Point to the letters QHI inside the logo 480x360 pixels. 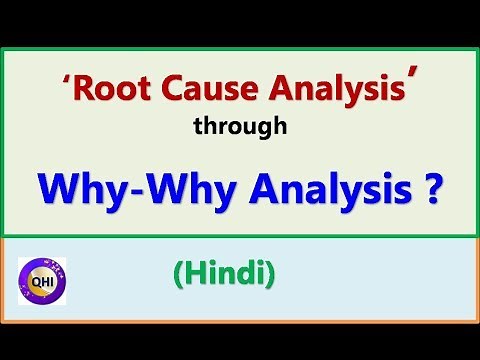tap(42, 281)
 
